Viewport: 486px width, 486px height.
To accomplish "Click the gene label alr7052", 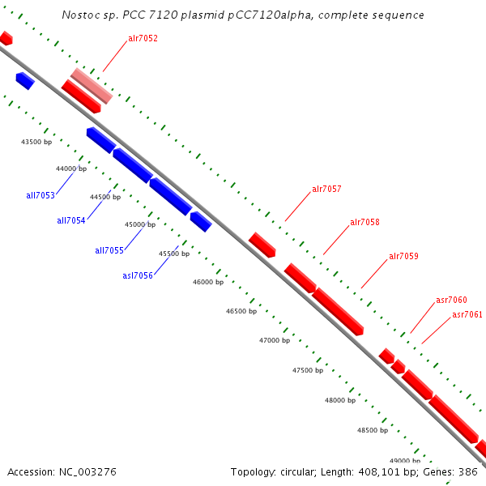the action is coord(143,38).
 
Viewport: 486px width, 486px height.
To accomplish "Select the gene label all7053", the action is coord(40,195).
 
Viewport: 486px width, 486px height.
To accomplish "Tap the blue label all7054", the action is coord(71,220).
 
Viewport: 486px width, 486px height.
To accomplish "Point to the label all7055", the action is coord(109,250).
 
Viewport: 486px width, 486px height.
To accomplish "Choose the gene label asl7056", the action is coord(138,275).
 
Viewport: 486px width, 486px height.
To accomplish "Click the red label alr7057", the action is coord(326,190).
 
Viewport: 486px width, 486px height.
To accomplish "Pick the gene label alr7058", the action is coord(364,222).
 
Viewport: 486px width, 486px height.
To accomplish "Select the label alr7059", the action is coord(403,257).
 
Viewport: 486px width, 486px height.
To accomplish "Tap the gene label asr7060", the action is coord(451,300).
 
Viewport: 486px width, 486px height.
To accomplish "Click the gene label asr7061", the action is coord(467,314).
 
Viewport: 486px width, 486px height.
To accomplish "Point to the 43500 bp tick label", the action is coord(36,142).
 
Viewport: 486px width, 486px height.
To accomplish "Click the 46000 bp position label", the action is coord(207,282).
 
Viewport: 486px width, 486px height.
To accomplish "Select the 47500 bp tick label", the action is coord(307,370).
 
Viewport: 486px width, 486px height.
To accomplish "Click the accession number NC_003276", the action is coord(89,471).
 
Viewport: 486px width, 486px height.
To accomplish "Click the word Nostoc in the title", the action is coord(79,15).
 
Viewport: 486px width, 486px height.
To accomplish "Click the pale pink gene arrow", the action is coord(91,86).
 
